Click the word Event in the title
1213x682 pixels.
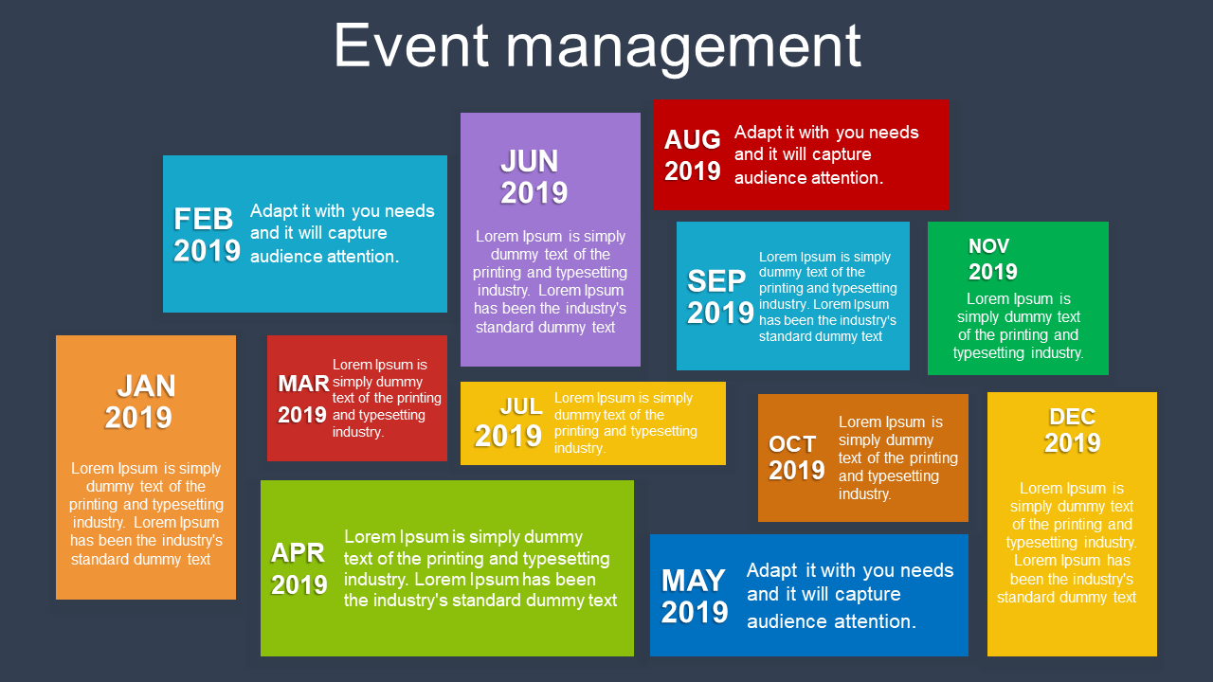(411, 45)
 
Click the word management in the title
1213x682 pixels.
(683, 48)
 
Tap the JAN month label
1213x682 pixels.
(146, 386)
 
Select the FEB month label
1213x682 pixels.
(203, 219)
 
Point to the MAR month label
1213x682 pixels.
(303, 384)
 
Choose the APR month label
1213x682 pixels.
(298, 552)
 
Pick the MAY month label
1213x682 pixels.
(693, 581)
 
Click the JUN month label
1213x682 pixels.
(529, 161)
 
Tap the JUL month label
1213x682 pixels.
(521, 406)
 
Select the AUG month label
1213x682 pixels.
(692, 139)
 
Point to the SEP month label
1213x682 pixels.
(716, 281)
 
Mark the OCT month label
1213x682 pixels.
(792, 444)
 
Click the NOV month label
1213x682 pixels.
(988, 246)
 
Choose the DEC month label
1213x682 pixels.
(1072, 417)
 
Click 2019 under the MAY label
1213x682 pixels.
(695, 612)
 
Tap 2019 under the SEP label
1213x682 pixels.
(720, 313)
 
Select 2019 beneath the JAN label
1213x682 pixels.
(138, 418)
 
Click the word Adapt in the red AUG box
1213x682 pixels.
(758, 133)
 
